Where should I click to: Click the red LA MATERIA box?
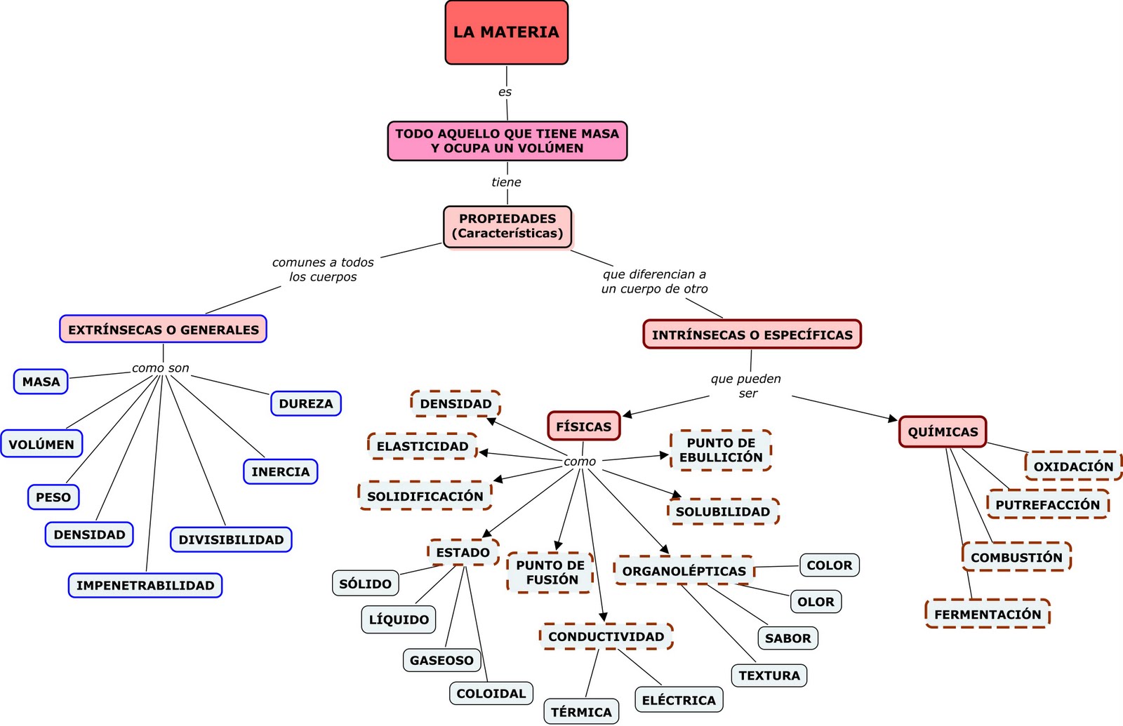[506, 32]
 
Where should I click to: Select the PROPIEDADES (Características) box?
[507, 226]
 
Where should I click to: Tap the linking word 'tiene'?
[506, 182]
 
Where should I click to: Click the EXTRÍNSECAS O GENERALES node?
[163, 329]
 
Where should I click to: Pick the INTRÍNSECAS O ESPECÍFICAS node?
[752, 335]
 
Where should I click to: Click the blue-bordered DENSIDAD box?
[89, 535]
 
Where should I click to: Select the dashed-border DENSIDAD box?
[456, 403]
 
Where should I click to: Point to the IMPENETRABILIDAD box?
[145, 585]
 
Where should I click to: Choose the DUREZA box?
[305, 403]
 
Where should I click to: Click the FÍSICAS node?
[583, 426]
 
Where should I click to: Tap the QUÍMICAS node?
[942, 431]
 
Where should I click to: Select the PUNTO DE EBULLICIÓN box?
[721, 450]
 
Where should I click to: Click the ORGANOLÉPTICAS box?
[684, 571]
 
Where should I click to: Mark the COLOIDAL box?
[491, 693]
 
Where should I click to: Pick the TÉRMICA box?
[581, 711]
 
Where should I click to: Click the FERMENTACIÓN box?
[987, 614]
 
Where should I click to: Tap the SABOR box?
[788, 638]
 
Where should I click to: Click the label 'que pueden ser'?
[746, 386]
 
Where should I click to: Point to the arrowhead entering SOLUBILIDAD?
[677, 495]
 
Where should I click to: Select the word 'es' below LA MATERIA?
[505, 92]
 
